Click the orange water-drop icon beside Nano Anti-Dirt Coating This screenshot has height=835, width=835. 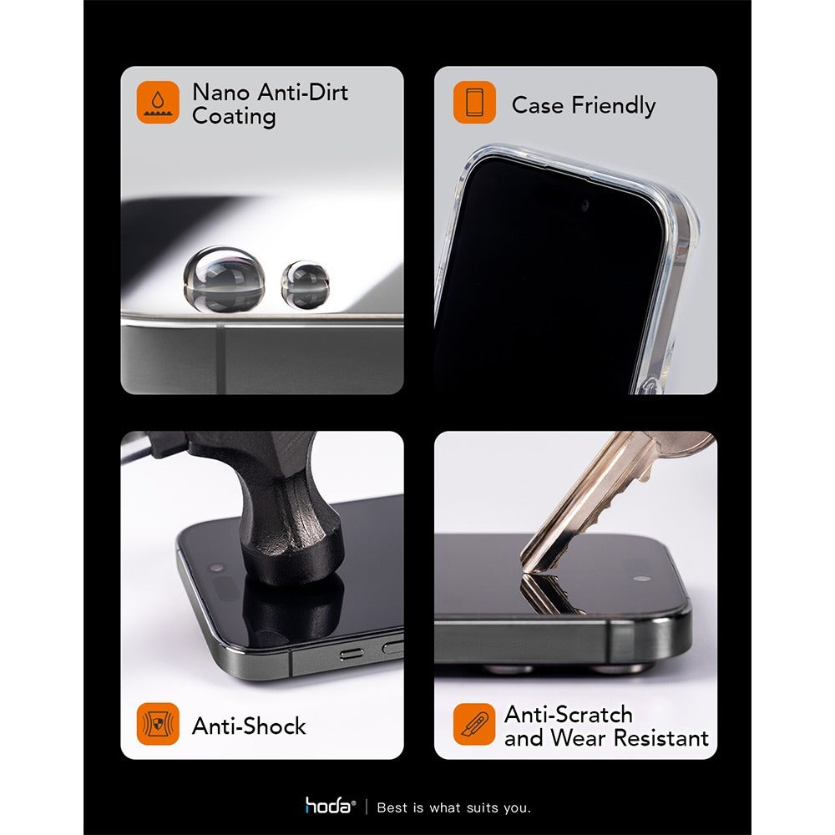point(158,103)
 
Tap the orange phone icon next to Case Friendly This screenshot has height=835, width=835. point(474,103)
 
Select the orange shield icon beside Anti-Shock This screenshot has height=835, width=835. point(158,724)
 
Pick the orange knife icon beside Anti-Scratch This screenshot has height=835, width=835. point(474,724)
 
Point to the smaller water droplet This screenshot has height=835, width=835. point(305,283)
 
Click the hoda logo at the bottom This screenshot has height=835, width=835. point(330,807)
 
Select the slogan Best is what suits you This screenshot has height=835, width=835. point(453,807)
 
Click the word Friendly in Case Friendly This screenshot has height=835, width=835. point(613,105)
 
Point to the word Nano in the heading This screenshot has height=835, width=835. point(220,92)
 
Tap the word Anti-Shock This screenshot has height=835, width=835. point(249,726)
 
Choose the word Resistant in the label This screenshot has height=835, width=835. point(661,738)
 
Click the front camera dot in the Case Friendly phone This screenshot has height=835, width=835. point(584,205)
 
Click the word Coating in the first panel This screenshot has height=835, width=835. point(222,116)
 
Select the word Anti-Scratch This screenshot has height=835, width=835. point(568,715)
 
